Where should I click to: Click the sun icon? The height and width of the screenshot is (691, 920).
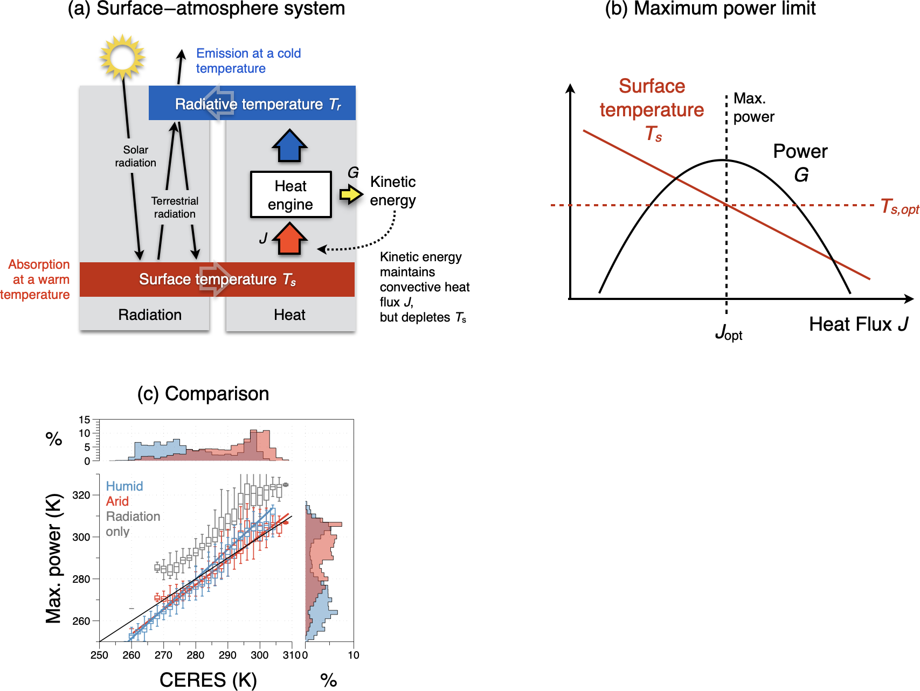click(x=122, y=56)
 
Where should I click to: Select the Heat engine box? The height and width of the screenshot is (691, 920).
click(x=290, y=195)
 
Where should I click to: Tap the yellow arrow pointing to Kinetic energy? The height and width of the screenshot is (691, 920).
click(x=351, y=194)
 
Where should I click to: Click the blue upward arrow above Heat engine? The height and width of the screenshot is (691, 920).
click(x=289, y=145)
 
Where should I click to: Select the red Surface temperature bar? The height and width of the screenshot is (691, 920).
click(x=217, y=279)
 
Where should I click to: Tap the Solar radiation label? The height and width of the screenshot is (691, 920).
click(x=135, y=156)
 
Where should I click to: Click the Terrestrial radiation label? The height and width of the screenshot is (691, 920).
click(x=175, y=207)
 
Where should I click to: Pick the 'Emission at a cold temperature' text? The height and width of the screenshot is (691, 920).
click(x=248, y=61)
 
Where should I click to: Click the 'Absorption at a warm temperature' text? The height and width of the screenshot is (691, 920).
click(x=36, y=279)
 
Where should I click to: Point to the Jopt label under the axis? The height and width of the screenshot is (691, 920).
click(x=728, y=332)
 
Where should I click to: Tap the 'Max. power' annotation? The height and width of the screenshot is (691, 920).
click(x=753, y=108)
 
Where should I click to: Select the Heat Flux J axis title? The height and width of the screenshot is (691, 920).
click(x=858, y=324)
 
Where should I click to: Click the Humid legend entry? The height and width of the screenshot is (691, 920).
click(x=124, y=486)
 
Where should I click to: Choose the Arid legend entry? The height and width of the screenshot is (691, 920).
click(x=117, y=501)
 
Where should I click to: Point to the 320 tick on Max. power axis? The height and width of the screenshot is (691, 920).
click(x=81, y=495)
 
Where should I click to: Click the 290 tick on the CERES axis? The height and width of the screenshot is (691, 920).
click(x=227, y=655)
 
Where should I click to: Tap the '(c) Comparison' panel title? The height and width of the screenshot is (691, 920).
click(x=203, y=394)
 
